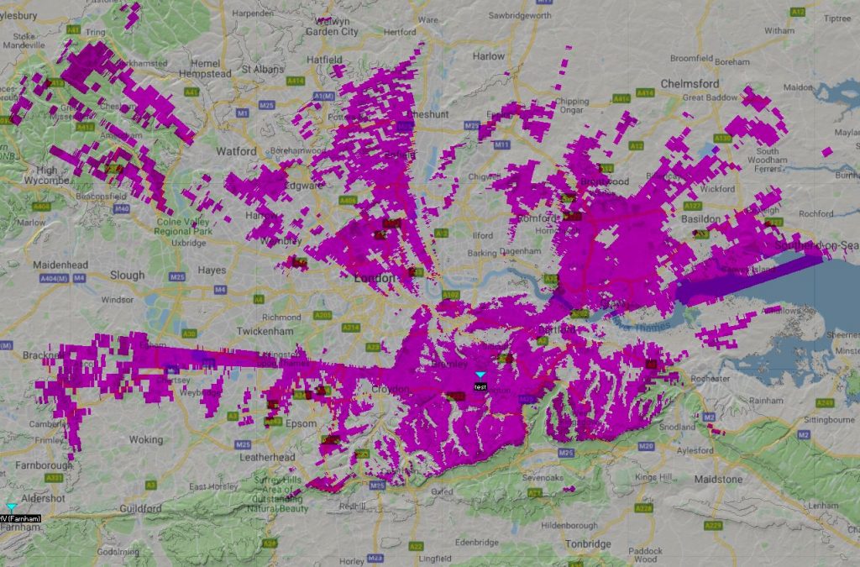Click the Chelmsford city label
pos(690,84)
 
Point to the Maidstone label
pos(718,479)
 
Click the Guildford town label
pos(139,509)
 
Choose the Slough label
pos(127,275)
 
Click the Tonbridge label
pos(587,544)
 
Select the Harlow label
pos(488,56)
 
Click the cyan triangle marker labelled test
pos(480,375)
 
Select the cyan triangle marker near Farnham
pos(12,507)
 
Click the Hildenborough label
pos(570,525)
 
